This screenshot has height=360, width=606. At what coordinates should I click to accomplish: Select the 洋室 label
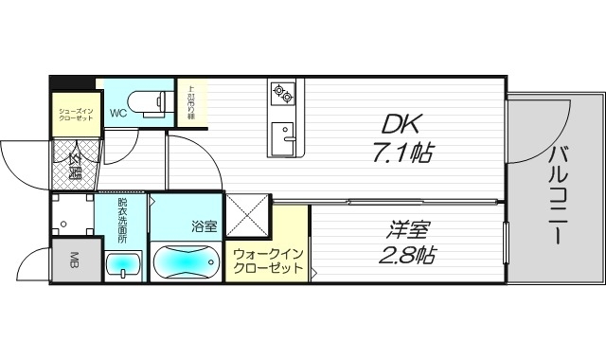408,228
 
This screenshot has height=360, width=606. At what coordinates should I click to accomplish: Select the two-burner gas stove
283,93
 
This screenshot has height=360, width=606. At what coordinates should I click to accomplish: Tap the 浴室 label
204,226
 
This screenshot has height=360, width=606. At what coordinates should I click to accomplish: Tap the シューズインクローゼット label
75,112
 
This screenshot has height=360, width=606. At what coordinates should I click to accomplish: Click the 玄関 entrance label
73,166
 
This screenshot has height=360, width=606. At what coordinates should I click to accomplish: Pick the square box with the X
247,218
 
